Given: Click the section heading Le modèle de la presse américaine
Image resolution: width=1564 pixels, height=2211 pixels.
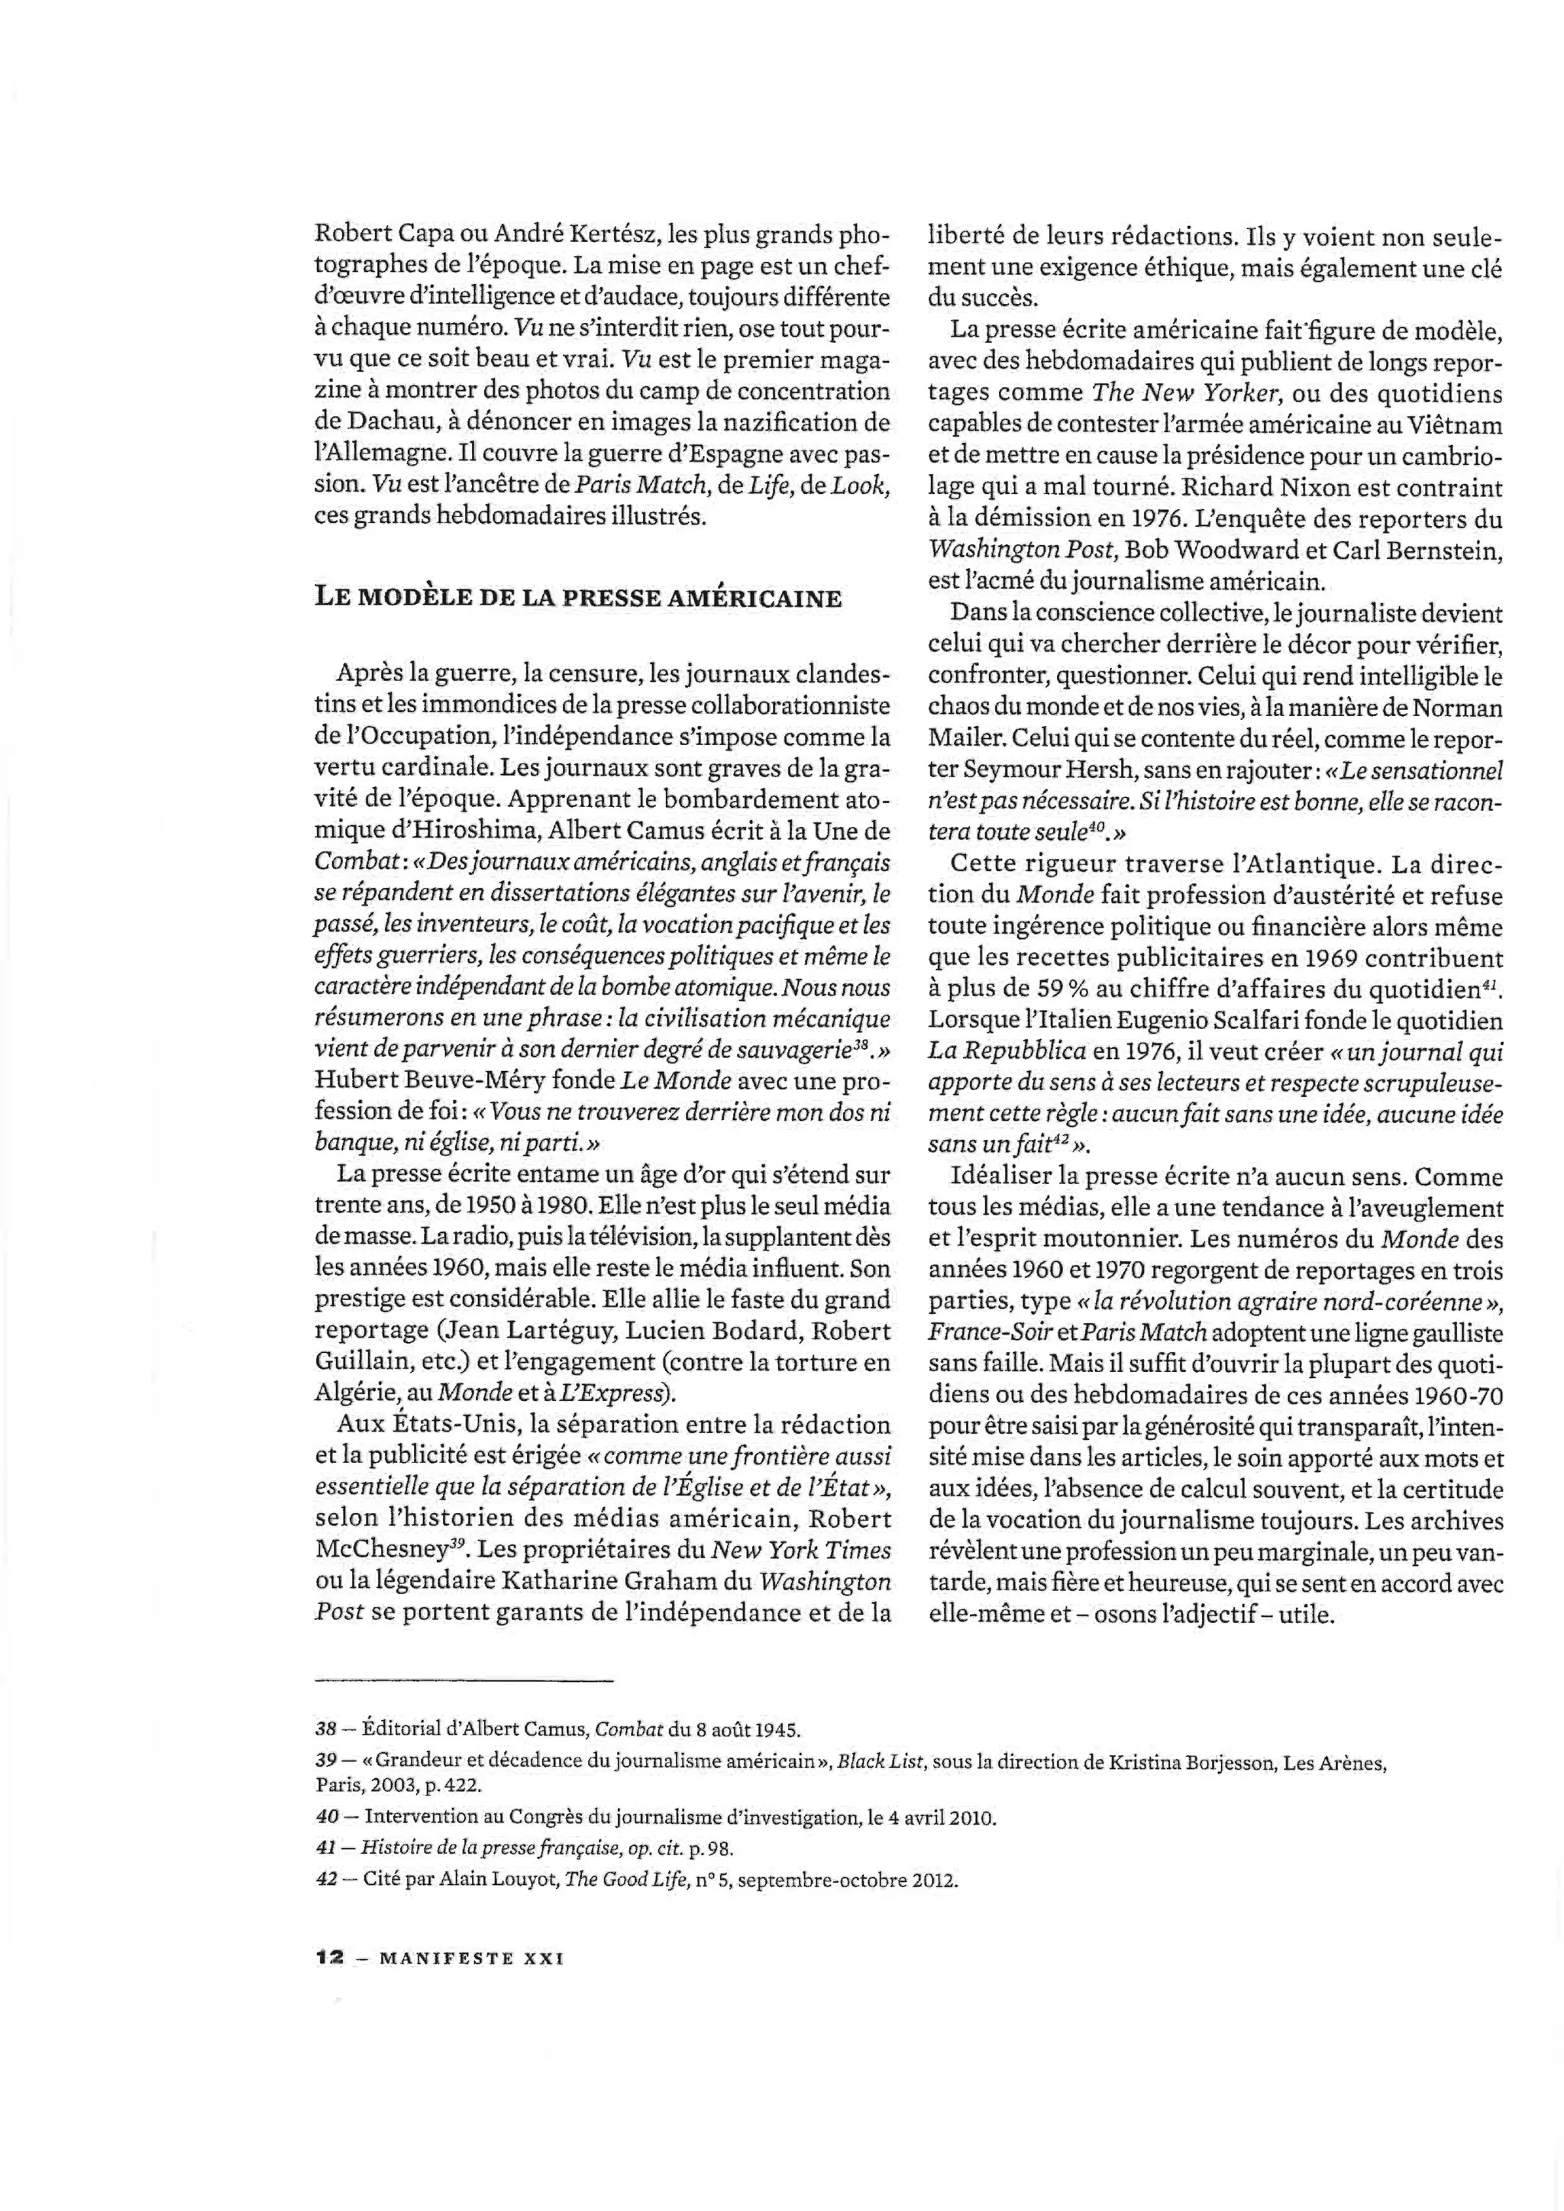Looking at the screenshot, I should click(x=579, y=598).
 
